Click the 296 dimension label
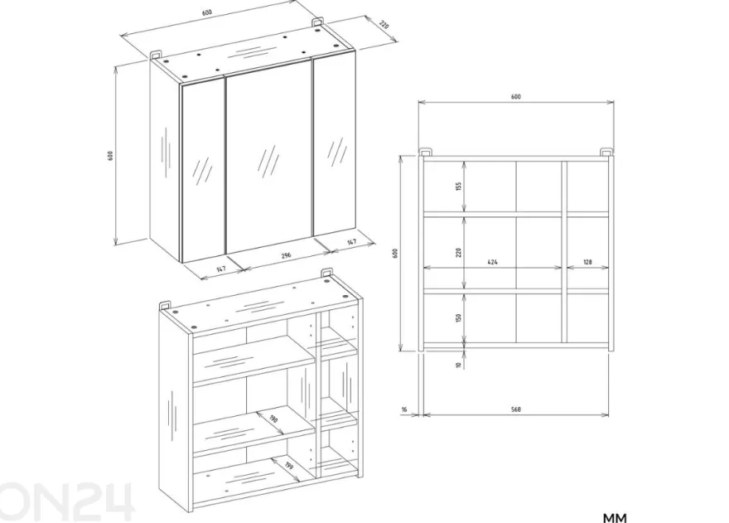286,255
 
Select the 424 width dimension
492,263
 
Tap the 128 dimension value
587,263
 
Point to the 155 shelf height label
459,186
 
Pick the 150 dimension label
459,318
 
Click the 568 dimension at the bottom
515,409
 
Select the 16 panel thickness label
404,409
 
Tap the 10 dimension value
459,366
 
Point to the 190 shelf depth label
273,419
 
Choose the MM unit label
615,517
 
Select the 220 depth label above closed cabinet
384,25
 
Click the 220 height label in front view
459,253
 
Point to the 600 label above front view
515,97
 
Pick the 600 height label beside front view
396,254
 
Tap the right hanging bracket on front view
606,153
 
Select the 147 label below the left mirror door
221,269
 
